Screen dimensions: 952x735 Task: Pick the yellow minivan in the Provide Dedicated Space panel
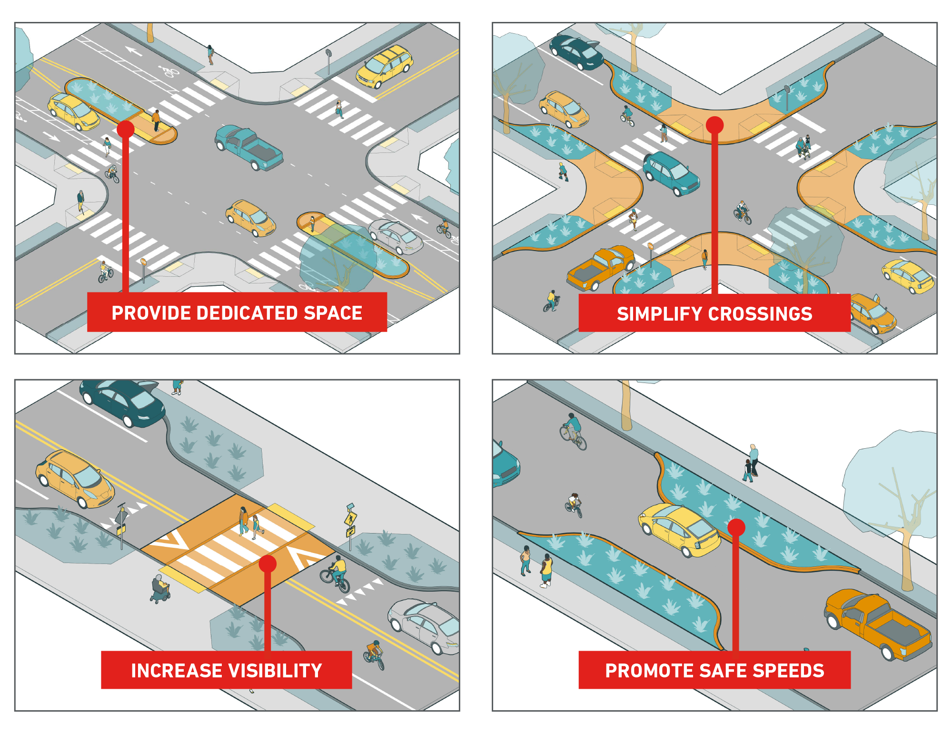click(x=384, y=67)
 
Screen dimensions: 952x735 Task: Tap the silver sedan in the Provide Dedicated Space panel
click(x=396, y=236)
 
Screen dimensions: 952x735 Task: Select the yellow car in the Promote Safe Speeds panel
click(x=679, y=529)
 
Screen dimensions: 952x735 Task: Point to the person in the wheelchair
click(x=160, y=589)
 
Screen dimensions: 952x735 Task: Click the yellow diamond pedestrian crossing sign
click(x=351, y=518)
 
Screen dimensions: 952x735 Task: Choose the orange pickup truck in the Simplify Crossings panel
click(x=601, y=268)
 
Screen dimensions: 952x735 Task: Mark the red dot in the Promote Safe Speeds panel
click(x=736, y=527)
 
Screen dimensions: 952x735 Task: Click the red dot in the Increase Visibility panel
click(x=268, y=564)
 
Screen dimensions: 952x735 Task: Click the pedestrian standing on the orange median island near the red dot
click(x=156, y=121)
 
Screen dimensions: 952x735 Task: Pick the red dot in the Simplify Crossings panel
click(x=714, y=125)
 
